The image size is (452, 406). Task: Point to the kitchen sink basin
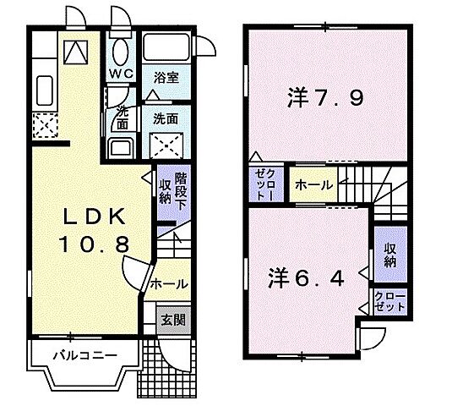pyautogui.click(x=43, y=87)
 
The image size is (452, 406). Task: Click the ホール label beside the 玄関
pyautogui.click(x=169, y=284)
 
